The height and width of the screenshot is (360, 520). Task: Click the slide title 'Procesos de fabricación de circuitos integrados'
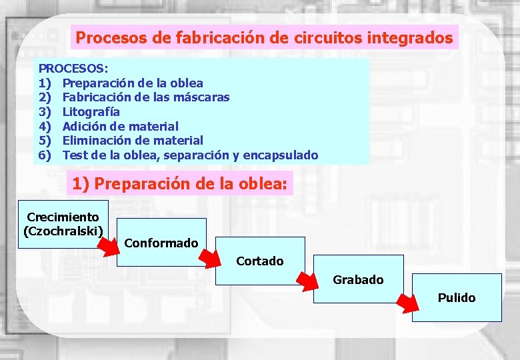[x=264, y=37]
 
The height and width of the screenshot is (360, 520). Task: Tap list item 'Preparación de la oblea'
[x=133, y=83]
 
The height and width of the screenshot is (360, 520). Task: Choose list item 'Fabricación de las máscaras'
[x=145, y=97]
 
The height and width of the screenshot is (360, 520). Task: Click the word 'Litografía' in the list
[x=91, y=111]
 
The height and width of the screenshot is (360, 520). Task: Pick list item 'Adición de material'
[x=120, y=126]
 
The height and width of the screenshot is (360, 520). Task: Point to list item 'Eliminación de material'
[x=132, y=140]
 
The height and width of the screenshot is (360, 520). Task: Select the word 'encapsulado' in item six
[x=280, y=155]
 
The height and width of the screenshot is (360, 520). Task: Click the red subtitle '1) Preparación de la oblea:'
[x=179, y=183]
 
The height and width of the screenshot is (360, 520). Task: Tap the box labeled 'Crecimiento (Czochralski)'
[x=62, y=224]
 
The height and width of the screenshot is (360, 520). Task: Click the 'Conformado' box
[x=161, y=243]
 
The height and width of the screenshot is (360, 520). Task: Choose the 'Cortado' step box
[x=260, y=261]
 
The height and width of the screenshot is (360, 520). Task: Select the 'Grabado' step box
[x=358, y=279]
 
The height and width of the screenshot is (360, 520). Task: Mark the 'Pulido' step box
[x=456, y=297]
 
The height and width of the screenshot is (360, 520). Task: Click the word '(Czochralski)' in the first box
[x=63, y=231]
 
